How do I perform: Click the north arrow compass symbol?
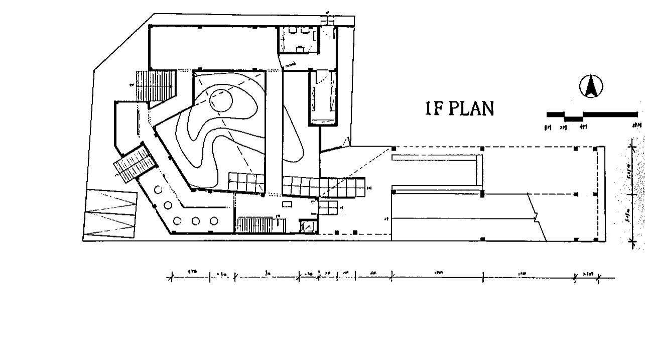click(591, 86)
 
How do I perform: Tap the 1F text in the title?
click(434, 108)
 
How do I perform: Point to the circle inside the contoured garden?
click(221, 101)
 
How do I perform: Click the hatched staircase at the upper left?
click(156, 86)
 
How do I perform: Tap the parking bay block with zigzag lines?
click(110, 213)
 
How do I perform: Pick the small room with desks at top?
click(299, 39)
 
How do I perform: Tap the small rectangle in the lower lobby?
click(287, 204)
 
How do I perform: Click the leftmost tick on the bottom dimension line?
click(171, 277)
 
